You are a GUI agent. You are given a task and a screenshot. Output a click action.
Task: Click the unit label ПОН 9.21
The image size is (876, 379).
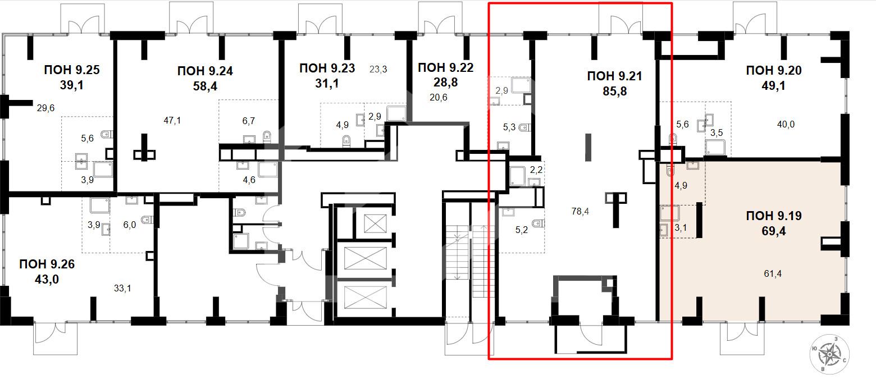click(x=614, y=76)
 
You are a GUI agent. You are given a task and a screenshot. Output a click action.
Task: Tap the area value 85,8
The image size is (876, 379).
click(x=615, y=91)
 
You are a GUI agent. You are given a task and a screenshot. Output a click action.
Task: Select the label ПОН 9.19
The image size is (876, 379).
click(x=774, y=216)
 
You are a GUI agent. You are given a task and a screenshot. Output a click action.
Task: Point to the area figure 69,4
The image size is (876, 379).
click(x=774, y=231)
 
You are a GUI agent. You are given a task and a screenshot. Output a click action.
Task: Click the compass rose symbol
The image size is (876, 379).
click(x=829, y=354)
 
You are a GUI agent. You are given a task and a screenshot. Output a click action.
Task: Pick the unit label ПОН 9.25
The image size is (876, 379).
click(x=71, y=70)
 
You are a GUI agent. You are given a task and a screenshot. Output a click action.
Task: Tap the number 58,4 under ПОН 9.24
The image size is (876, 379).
click(x=205, y=86)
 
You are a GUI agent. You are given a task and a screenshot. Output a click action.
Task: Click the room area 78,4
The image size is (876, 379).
click(x=580, y=212)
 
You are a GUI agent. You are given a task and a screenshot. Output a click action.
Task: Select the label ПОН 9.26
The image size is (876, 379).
click(x=47, y=264)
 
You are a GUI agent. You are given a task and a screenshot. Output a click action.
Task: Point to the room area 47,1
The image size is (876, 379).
click(x=172, y=121)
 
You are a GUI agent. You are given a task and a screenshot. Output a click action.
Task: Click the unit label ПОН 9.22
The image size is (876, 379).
click(x=445, y=67)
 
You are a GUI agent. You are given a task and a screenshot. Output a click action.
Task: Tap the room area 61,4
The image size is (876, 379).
click(x=772, y=274)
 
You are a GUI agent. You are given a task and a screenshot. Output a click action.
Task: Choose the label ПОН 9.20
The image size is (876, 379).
click(x=774, y=70)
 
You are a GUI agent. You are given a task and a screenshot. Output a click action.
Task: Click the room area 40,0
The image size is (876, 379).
click(x=786, y=125)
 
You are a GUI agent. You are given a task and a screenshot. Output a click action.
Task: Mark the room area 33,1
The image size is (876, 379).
click(x=122, y=289)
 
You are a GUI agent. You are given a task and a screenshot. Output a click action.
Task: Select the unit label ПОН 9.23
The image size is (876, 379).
click(x=327, y=68)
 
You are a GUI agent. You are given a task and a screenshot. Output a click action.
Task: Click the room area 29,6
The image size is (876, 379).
click(x=45, y=108)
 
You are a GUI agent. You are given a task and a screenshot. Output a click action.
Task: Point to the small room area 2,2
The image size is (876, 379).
click(x=536, y=170)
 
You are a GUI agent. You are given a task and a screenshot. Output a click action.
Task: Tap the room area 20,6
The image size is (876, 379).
click(x=439, y=97)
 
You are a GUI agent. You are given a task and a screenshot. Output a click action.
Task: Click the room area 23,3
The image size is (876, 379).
click(x=378, y=69)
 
